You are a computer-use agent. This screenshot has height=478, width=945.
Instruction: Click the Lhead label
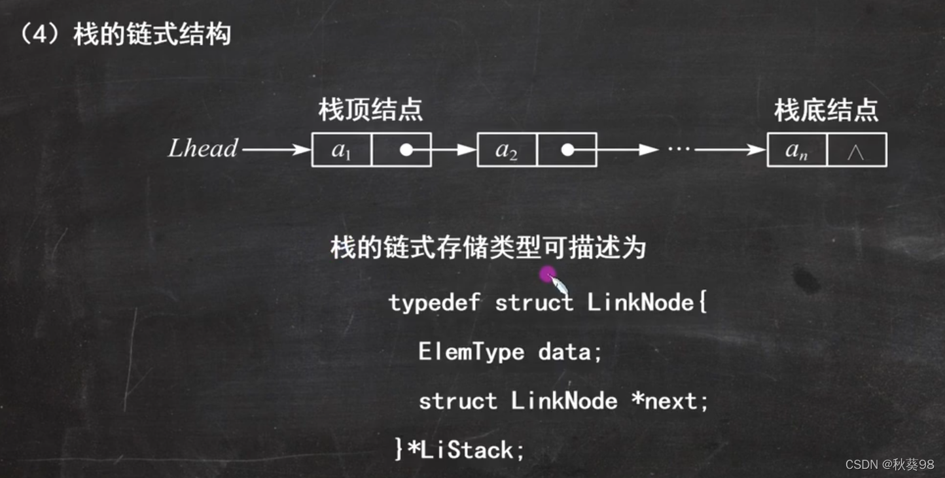click(x=203, y=148)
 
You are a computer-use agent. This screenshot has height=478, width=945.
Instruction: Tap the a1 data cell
click(x=341, y=150)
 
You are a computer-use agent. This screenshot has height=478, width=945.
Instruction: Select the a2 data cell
click(x=507, y=150)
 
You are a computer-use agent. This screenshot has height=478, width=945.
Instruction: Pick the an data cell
click(x=796, y=150)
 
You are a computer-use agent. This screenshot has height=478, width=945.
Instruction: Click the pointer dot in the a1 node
click(x=406, y=150)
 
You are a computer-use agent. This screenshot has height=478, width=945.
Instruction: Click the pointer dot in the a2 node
click(x=567, y=150)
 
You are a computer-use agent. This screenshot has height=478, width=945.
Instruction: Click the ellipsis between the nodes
click(x=679, y=150)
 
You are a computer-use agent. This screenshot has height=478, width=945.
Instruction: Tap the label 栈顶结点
click(x=370, y=110)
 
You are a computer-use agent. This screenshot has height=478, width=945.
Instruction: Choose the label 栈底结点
click(x=826, y=110)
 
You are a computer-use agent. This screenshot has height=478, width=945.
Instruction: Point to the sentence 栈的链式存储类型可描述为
click(x=488, y=248)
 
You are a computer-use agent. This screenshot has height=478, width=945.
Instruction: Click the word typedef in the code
click(x=434, y=303)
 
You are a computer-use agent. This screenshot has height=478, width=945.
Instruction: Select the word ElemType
click(x=471, y=352)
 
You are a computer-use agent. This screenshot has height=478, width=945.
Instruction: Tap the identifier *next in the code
click(x=669, y=401)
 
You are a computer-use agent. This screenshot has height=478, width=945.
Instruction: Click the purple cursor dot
click(x=547, y=274)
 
